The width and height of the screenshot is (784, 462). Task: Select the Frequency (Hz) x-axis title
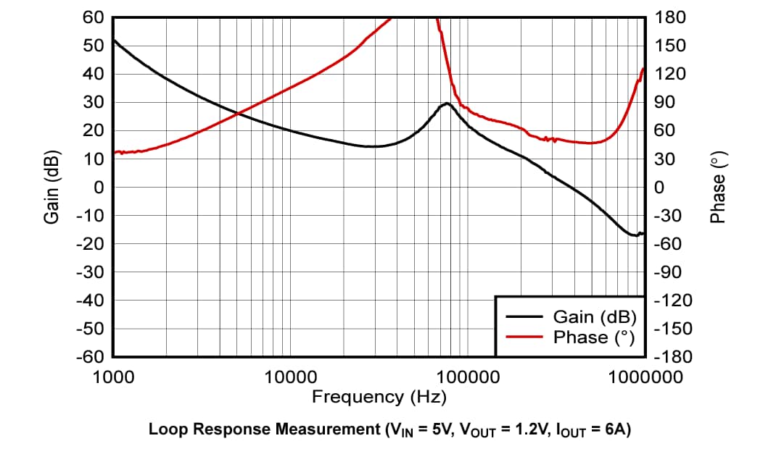379,397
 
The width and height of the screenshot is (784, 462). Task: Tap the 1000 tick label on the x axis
113,377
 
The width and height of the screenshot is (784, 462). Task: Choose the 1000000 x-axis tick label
643,377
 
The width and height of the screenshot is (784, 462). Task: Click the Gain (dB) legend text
594,316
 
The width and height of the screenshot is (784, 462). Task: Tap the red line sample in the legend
524,337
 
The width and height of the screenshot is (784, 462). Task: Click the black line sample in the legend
524,316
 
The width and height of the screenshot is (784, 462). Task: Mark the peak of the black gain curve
446,104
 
